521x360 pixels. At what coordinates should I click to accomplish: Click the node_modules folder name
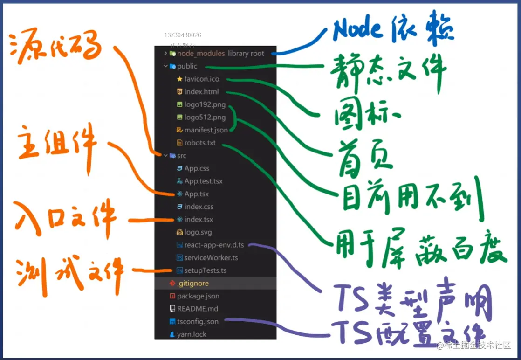(x=201, y=54)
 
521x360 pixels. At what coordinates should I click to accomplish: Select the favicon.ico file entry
(x=202, y=79)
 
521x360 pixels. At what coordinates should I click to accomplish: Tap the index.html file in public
(x=201, y=92)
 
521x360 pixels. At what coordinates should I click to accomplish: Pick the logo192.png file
(x=205, y=104)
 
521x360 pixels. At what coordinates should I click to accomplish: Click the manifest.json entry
(x=206, y=130)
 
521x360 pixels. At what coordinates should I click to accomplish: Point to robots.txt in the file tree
(x=200, y=143)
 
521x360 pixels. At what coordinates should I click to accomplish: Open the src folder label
(x=182, y=156)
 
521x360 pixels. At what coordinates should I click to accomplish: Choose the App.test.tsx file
(x=203, y=181)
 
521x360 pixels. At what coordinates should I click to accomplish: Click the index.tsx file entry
(x=199, y=219)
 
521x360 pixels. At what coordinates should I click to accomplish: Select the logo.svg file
(x=198, y=232)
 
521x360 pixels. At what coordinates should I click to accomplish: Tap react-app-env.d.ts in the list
(x=214, y=245)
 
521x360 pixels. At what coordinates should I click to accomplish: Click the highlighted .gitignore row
(x=192, y=283)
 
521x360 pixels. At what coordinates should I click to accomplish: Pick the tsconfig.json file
(x=198, y=322)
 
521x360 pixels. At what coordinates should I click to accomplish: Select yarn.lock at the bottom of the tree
(x=192, y=334)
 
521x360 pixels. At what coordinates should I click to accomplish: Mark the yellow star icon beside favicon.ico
(x=179, y=79)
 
